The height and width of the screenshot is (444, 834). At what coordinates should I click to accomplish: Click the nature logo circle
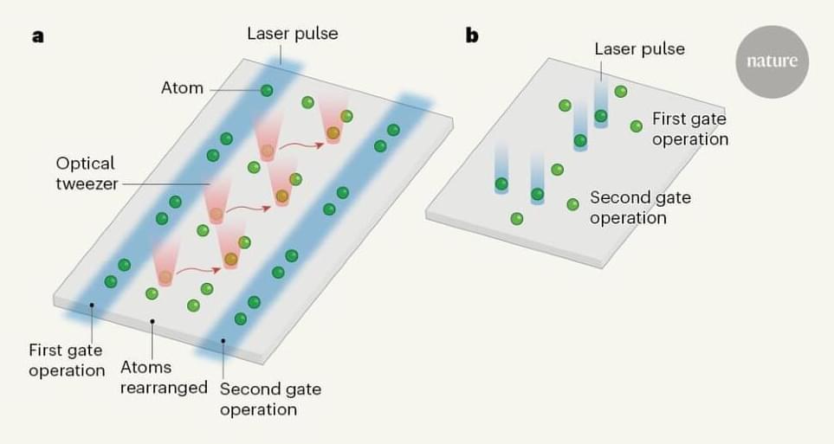coord(772,61)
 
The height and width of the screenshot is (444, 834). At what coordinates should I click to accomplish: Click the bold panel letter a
coord(38,36)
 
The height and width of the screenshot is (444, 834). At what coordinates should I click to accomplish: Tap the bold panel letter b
coord(472,35)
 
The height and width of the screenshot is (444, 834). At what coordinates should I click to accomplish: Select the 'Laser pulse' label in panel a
coord(292,34)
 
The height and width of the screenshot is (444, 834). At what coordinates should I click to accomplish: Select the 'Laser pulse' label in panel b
coord(639,48)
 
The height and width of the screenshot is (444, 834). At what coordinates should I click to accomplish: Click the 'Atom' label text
coord(182,87)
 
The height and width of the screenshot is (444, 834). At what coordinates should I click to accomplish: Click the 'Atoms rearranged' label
coord(164,377)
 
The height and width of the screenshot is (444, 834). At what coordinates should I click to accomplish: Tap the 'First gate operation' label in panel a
coord(66,360)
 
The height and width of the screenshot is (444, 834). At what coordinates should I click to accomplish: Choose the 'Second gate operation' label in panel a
coord(270,398)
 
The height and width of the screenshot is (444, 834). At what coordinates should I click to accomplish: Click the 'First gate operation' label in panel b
coord(689,128)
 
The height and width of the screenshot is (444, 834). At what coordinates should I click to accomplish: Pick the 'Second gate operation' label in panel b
coord(640,207)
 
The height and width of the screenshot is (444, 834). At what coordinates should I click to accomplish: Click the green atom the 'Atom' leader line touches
coord(267,90)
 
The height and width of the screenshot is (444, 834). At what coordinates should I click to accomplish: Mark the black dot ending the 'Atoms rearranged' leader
coord(152,322)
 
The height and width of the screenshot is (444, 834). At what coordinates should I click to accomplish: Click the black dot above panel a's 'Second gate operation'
coord(223,341)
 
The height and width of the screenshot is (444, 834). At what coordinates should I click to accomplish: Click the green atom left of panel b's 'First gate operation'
coord(637,126)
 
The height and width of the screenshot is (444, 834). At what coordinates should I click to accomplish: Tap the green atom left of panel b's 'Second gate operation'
coord(572,204)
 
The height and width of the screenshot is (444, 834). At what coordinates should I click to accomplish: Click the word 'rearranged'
coord(164,387)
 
